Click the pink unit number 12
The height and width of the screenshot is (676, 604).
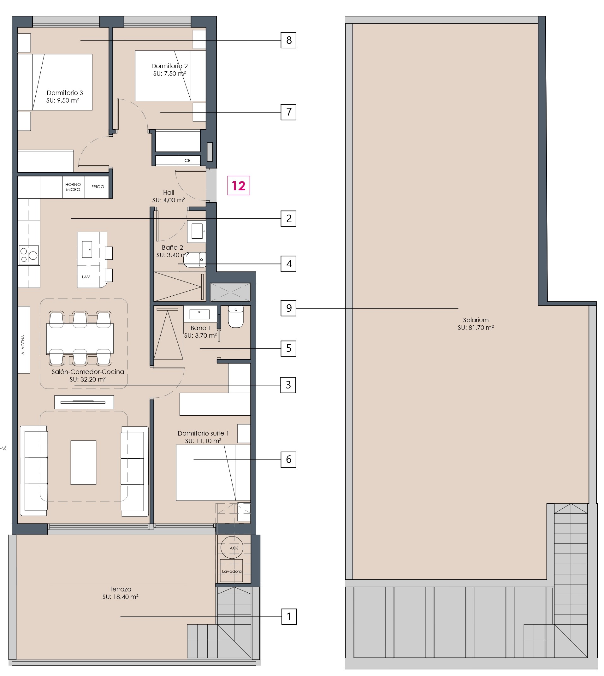click(238, 186)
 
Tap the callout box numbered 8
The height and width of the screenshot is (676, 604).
click(288, 40)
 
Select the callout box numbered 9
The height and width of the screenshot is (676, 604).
click(288, 308)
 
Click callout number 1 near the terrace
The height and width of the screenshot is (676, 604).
click(289, 616)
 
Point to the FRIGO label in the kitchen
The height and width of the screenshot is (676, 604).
click(98, 187)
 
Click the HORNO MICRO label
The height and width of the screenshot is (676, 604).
click(73, 187)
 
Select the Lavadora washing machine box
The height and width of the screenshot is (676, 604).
click(232, 571)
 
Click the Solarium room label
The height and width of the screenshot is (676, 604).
click(476, 323)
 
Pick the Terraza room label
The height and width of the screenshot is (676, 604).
click(121, 593)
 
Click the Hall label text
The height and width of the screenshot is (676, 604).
click(169, 193)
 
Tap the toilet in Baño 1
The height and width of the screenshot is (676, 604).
click(236, 316)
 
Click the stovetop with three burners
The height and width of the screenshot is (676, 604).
click(29, 255)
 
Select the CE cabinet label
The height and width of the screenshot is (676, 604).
click(187, 161)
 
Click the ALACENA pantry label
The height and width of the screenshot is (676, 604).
click(23, 345)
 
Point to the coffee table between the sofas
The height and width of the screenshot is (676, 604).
click(83, 462)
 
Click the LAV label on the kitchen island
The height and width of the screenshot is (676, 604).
click(86, 277)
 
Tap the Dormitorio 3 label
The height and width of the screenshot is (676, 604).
click(65, 93)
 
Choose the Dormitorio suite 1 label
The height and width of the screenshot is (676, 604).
click(203, 433)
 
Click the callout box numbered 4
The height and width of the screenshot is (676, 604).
click(288, 264)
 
